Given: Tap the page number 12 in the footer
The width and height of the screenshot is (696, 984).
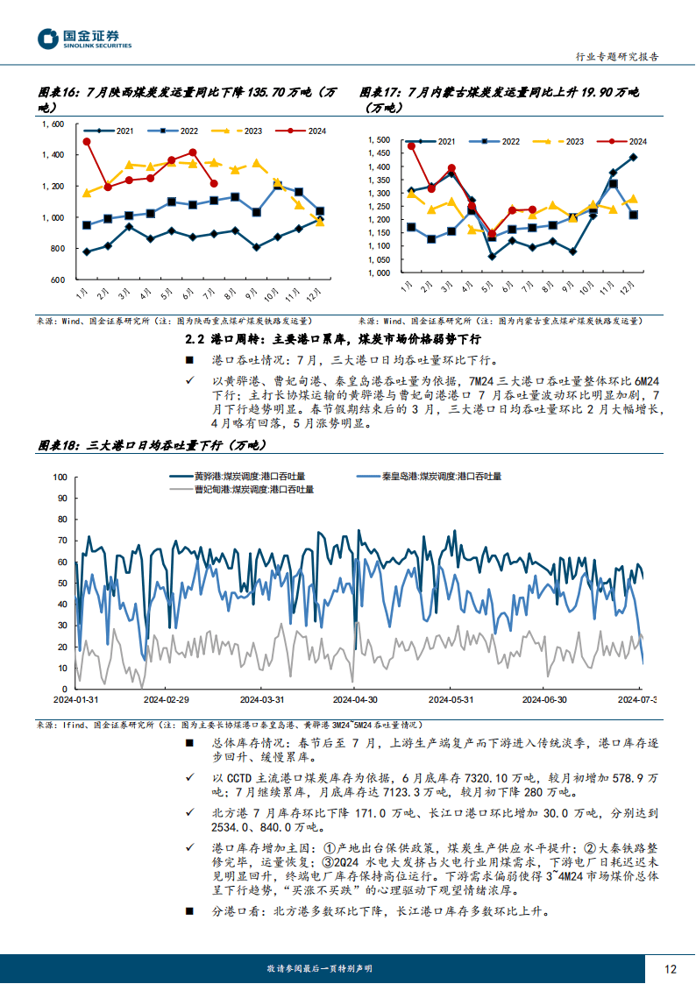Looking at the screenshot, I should (671, 968).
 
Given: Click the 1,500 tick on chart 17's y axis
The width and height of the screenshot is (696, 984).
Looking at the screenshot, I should (378, 140).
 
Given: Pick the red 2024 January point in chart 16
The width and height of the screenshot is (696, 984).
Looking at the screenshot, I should (86, 141).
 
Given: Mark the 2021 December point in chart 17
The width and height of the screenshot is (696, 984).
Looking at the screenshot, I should (633, 158).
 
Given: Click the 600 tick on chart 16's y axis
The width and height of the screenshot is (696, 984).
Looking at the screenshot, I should (57, 280).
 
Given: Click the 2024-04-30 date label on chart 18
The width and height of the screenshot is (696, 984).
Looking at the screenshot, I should (355, 699).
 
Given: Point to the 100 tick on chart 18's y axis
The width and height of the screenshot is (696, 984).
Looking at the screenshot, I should (60, 478).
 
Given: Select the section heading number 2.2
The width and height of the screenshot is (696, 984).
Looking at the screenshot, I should (196, 339).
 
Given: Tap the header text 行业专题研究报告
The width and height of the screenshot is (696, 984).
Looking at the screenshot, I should (616, 56).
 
